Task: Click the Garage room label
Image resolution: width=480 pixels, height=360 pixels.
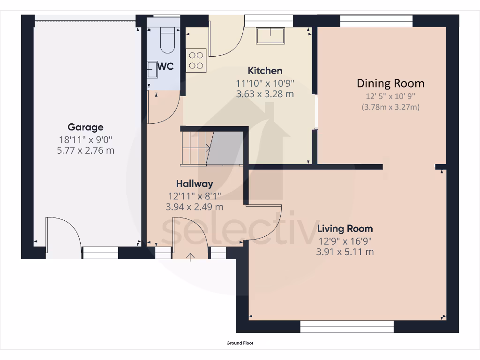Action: pos(85,127)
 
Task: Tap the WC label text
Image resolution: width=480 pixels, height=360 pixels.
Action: pos(165,67)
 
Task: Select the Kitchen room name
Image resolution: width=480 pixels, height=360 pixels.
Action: pos(265,71)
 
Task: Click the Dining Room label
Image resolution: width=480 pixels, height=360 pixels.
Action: pos(390,83)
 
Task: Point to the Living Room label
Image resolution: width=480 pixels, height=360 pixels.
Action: pos(345,229)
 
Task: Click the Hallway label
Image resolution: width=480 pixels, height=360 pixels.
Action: pos(195,184)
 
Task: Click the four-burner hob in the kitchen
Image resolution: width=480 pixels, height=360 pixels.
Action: pos(196,60)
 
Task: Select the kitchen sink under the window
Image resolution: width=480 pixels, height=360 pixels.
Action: pos(270,36)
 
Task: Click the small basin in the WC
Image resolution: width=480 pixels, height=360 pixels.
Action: pos(152,70)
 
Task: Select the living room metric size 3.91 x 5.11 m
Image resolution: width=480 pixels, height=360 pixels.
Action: pos(345,252)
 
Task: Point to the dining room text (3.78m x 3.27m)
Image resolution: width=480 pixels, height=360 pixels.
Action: pos(390,107)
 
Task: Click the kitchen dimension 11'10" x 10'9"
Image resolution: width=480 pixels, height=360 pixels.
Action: pos(265,83)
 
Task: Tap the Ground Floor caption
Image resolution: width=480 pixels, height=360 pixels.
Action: pos(240,343)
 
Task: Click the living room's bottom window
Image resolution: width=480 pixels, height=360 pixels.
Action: pos(347,327)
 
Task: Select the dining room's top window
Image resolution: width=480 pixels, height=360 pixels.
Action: pos(376,21)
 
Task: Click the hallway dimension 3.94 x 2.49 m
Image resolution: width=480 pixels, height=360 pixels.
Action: pos(195,207)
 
